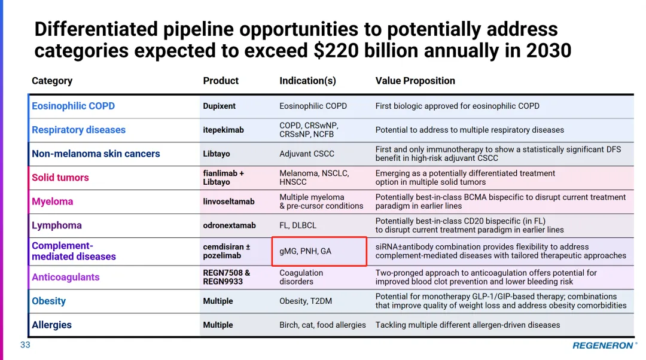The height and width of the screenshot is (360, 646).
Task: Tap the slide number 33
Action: click(25, 345)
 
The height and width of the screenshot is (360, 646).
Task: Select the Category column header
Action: click(52, 81)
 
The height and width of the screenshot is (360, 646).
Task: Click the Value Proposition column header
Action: click(415, 81)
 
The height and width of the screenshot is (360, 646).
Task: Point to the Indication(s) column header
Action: click(307, 81)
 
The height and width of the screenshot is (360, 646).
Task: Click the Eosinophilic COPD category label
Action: click(73, 106)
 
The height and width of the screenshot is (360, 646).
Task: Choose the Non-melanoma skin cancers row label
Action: click(96, 154)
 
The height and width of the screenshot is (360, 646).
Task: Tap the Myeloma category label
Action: click(52, 202)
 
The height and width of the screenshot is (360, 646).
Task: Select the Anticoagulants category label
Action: click(65, 277)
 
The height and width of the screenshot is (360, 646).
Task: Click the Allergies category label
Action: click(51, 325)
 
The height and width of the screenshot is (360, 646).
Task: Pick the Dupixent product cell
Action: click(219, 106)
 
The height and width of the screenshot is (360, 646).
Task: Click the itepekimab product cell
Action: click(223, 130)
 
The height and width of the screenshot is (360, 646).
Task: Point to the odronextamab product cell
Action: click(229, 225)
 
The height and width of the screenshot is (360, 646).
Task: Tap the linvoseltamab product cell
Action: click(228, 202)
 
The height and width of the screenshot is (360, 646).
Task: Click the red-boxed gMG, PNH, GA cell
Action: click(319, 251)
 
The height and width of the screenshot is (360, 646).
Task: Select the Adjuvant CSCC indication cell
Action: click(307, 154)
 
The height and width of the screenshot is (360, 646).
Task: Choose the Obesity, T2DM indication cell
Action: click(306, 301)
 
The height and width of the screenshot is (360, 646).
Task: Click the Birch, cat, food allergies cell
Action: click(322, 325)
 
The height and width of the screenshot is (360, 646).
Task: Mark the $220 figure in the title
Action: click(336, 51)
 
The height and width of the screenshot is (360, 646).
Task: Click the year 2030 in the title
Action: click(549, 51)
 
